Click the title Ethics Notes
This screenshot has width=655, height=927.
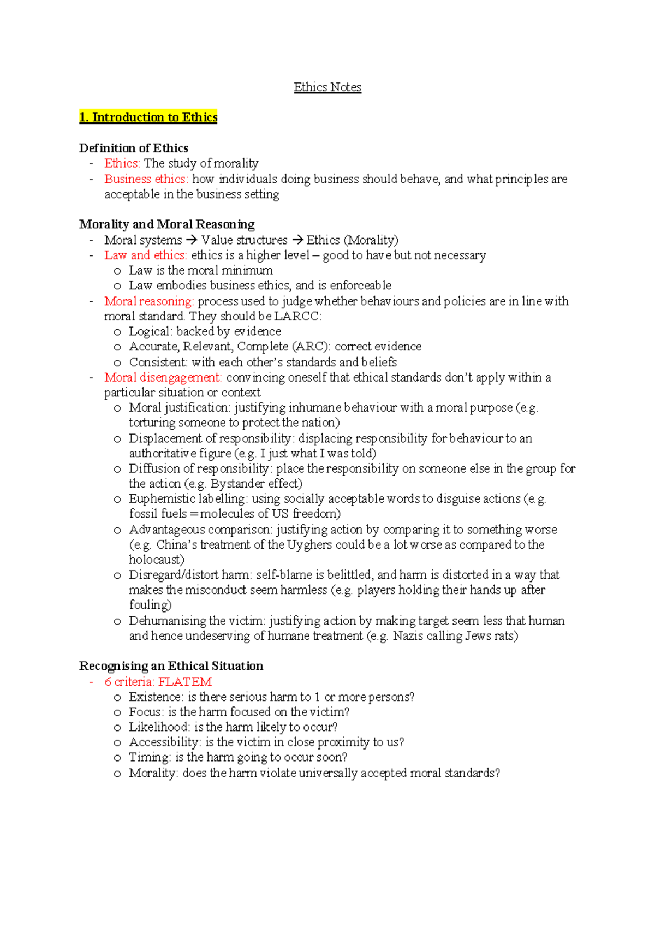327,87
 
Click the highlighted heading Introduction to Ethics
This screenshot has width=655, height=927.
148,117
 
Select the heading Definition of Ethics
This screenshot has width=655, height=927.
134,148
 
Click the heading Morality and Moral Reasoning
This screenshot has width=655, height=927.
166,224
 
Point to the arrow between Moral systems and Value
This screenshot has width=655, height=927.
191,240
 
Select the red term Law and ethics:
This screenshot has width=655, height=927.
145,255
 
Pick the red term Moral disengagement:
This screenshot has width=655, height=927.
163,377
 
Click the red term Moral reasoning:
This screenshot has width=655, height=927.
149,301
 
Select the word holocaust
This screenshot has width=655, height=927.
156,560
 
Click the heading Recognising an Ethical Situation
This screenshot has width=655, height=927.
171,666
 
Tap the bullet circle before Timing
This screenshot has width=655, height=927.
117,758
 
